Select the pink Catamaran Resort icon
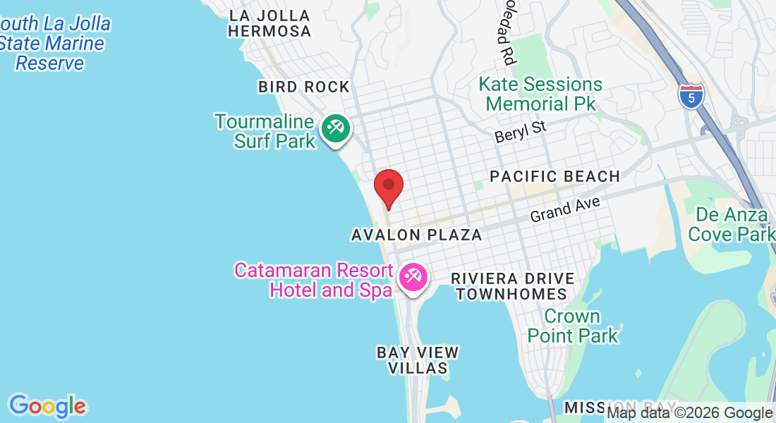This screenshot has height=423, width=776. [411, 276]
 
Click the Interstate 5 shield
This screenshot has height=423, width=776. [689, 96]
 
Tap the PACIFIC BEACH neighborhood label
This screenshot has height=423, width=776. [554, 176]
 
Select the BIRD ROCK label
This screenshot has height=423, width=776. [304, 87]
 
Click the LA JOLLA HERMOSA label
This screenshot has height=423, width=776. [270, 23]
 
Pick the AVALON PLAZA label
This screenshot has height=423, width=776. [416, 235]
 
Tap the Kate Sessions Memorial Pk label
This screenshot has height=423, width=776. [540, 94]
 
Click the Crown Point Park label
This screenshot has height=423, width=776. [573, 326]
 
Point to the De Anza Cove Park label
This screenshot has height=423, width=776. [732, 223]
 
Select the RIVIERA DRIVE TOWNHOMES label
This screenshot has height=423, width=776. [511, 286]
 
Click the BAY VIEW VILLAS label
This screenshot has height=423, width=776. [418, 360]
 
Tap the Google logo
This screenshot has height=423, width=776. [47, 406]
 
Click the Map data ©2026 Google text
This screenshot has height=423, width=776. [689, 413]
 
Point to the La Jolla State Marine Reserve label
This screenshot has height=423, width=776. [54, 43]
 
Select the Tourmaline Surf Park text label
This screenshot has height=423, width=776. [265, 131]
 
